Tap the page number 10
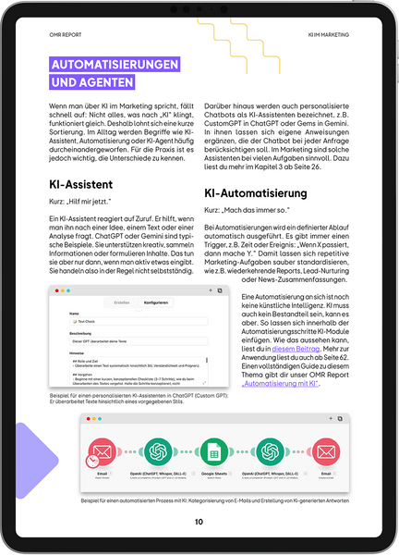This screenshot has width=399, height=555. click(199, 522)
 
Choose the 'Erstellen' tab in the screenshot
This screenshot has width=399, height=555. click(121, 302)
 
